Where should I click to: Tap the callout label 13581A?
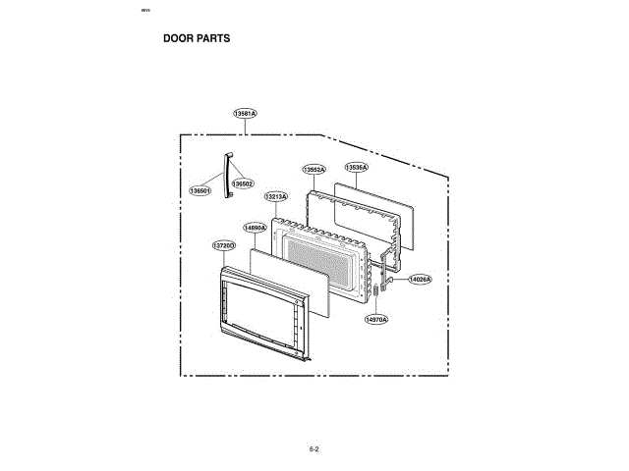(x=245, y=114)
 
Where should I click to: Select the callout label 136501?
(x=200, y=190)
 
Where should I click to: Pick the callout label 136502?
(x=243, y=183)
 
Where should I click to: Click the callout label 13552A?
(x=314, y=170)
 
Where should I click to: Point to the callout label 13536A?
(x=356, y=168)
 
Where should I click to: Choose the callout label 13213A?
(x=276, y=196)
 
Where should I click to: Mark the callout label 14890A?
(x=255, y=228)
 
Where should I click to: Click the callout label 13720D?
(x=223, y=244)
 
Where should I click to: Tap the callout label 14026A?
(x=420, y=280)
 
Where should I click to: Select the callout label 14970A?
(x=376, y=319)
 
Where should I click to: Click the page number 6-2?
(x=314, y=449)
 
